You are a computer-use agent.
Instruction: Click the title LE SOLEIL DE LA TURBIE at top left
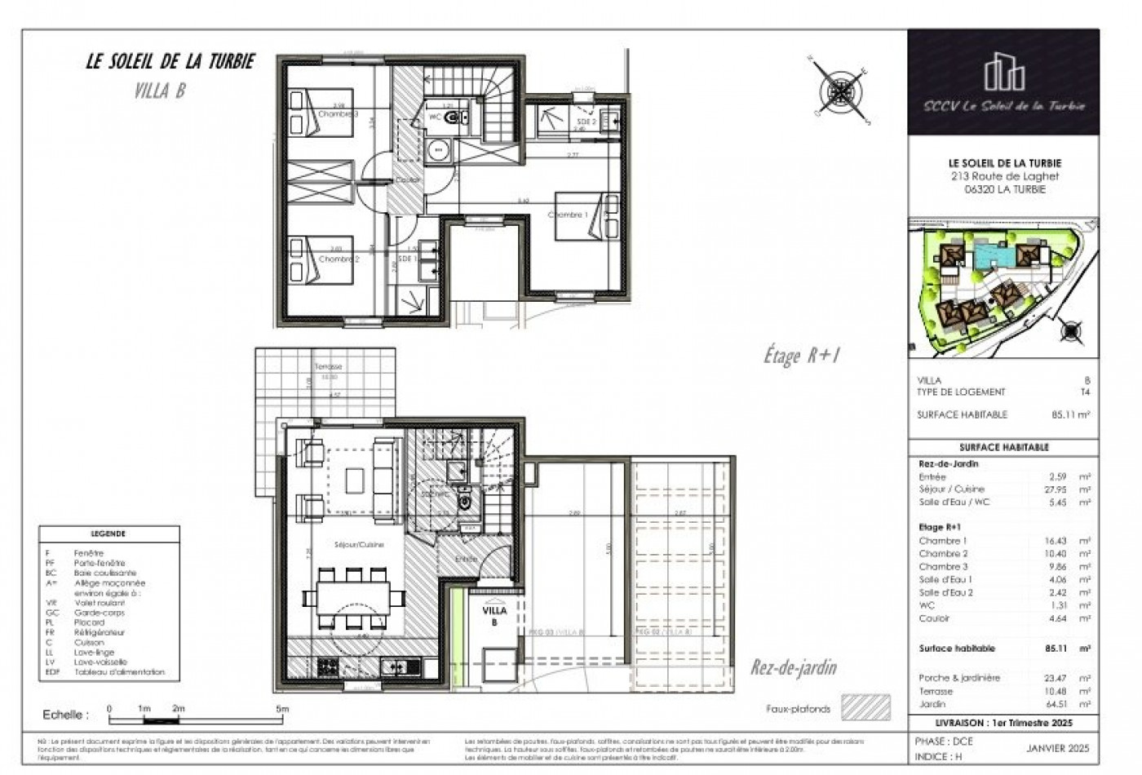[x=170, y=62]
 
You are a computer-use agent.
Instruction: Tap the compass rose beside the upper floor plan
[x=839, y=87]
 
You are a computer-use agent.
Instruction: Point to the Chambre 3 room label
[x=338, y=114]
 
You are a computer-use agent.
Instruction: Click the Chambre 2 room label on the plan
[x=339, y=259]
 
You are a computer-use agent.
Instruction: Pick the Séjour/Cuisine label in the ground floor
[x=359, y=544]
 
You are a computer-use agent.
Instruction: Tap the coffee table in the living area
[x=354, y=480]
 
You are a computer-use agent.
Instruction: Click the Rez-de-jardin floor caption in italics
[x=793, y=668]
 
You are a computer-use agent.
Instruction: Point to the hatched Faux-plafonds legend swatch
[x=865, y=707]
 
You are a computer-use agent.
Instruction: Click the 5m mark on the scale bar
[x=281, y=709]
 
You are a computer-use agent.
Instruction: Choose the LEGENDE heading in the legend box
[x=108, y=534]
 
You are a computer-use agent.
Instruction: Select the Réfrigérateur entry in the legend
[x=100, y=632]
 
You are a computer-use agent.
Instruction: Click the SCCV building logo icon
[x=1003, y=72]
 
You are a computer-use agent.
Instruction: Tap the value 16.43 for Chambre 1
[x=1059, y=541]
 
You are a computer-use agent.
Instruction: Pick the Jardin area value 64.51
[x=1059, y=704]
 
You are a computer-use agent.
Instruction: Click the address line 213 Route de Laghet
[x=1004, y=176]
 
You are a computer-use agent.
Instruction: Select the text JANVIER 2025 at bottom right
[x=1057, y=748]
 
